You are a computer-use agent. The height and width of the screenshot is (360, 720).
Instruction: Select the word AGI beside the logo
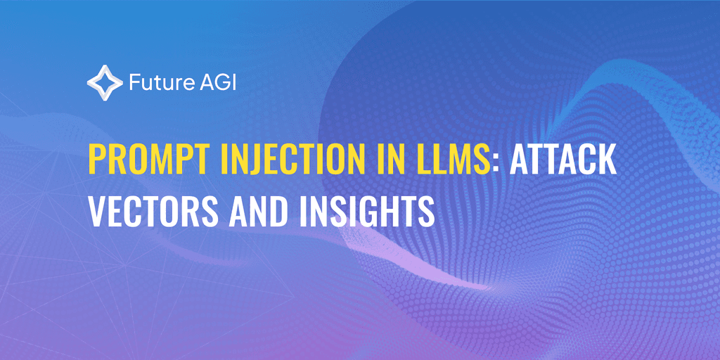coord(220,83)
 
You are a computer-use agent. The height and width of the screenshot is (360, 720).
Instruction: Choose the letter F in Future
coord(134,83)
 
